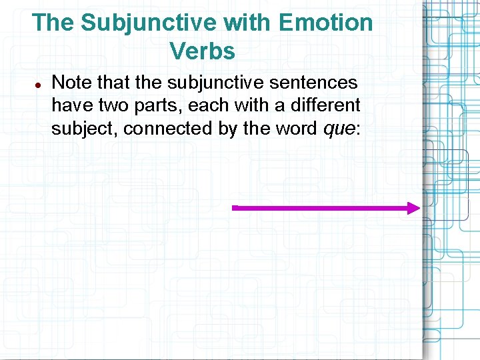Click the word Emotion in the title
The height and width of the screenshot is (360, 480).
[x=326, y=23]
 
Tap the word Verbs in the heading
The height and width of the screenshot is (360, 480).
[x=202, y=51]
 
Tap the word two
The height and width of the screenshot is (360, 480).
[x=111, y=105]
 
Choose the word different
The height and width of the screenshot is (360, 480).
[x=325, y=105]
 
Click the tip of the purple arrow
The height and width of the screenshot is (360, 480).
[x=419, y=208]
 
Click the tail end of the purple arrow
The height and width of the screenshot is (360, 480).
[x=234, y=208]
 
